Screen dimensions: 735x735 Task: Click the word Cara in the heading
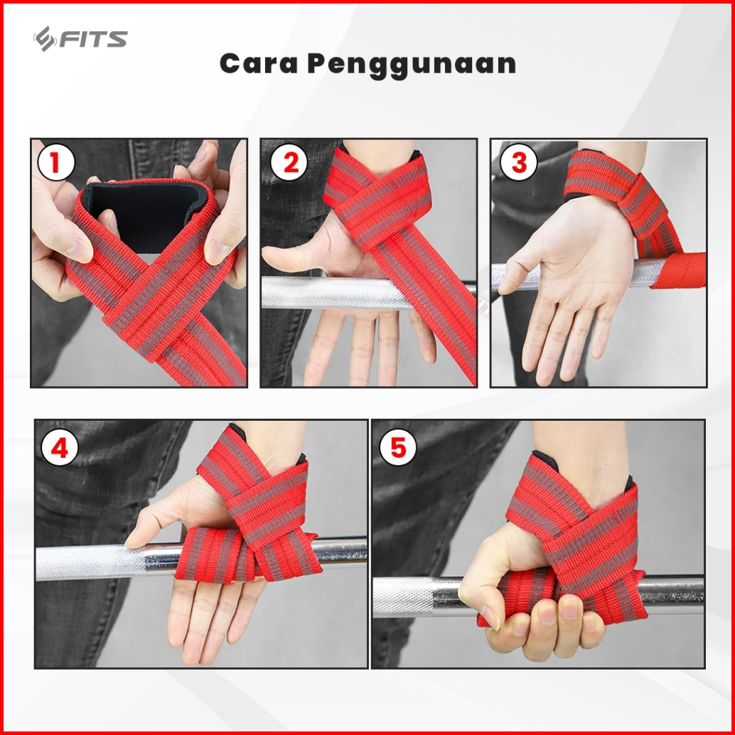(259, 64)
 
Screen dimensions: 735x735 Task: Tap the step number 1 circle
(55, 163)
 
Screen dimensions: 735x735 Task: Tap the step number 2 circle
(289, 163)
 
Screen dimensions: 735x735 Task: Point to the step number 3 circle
(519, 163)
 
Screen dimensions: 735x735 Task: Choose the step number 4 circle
(60, 448)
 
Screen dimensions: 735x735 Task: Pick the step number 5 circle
(398, 447)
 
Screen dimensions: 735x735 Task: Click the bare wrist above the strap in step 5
(586, 455)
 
